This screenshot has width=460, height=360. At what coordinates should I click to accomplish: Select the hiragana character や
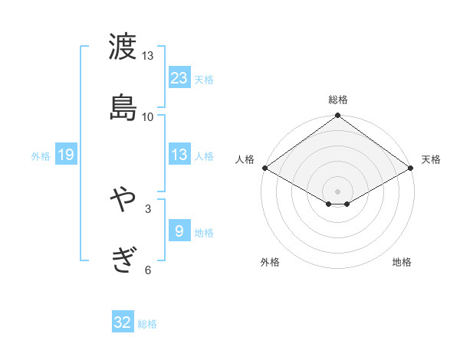point(123,200)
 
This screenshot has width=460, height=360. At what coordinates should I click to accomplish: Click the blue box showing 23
point(179,78)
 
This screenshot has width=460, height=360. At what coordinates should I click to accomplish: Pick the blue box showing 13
point(179,155)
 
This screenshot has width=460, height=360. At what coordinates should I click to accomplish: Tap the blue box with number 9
point(179,231)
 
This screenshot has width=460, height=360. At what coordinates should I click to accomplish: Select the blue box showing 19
point(66,155)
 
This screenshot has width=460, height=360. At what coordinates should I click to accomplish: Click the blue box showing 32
point(123,322)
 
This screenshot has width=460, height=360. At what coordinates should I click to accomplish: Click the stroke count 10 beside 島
point(148,116)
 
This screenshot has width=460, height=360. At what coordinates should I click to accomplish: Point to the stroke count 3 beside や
point(148,208)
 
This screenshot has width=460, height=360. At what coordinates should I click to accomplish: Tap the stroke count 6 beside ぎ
point(148,270)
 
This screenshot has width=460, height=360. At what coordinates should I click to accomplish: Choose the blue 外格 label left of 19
point(41,155)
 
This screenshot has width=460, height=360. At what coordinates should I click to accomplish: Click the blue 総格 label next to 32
point(147,323)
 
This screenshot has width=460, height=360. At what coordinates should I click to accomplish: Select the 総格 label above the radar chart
point(338,100)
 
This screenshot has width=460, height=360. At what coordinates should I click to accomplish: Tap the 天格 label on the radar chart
point(431,159)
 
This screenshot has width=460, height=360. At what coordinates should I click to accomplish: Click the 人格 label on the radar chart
point(245,159)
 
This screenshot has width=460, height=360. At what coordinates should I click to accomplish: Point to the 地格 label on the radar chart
point(402,262)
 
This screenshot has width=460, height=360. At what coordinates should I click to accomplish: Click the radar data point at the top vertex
point(338,116)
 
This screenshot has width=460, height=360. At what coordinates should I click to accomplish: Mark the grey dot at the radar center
point(338,191)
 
